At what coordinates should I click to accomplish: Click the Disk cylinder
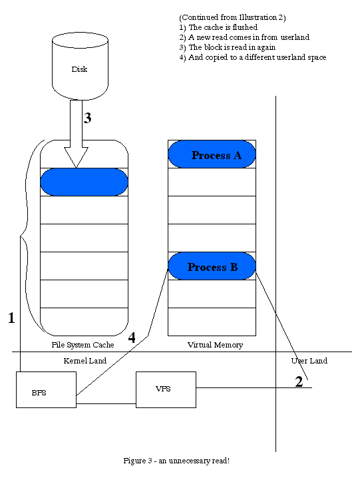(x=80, y=66)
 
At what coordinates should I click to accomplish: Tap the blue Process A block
(x=212, y=154)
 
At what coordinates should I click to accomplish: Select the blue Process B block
(x=212, y=266)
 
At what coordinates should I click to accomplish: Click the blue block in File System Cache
(x=84, y=182)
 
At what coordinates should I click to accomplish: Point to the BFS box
(x=46, y=389)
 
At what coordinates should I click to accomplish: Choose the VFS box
(x=166, y=389)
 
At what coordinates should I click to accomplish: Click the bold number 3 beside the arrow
(x=87, y=118)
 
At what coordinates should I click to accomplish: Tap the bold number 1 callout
(x=11, y=318)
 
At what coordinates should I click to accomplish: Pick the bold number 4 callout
(x=132, y=338)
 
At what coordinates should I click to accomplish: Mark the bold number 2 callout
(x=299, y=381)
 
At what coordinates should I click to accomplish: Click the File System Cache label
(x=83, y=345)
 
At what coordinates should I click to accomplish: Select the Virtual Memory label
(x=215, y=345)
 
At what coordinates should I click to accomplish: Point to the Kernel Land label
(x=85, y=361)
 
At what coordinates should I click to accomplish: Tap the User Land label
(x=309, y=361)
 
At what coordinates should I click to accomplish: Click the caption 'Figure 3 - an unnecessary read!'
(x=176, y=461)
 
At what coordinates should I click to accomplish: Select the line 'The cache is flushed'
(x=218, y=27)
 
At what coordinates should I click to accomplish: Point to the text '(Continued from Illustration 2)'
(x=232, y=17)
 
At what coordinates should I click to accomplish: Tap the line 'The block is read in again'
(x=228, y=47)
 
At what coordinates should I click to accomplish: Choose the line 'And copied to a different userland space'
(x=253, y=57)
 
